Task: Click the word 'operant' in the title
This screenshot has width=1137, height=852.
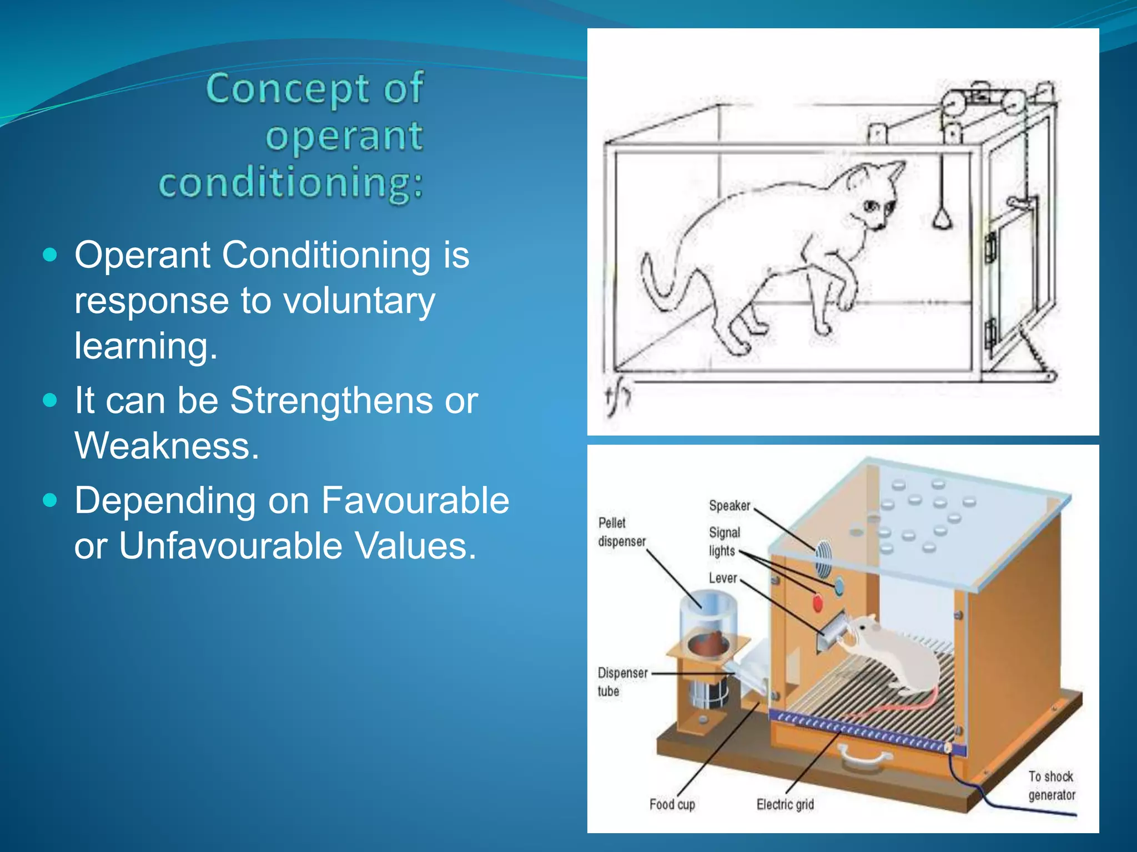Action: (x=344, y=136)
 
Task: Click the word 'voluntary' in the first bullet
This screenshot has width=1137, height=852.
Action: (x=359, y=301)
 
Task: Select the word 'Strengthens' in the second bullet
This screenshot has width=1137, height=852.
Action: (x=332, y=400)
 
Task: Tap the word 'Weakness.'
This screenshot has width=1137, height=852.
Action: (x=167, y=445)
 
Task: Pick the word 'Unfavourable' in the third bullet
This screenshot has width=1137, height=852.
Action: (x=230, y=546)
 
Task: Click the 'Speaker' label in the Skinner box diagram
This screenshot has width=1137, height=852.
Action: (x=729, y=505)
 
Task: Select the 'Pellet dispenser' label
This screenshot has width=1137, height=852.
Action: (x=621, y=532)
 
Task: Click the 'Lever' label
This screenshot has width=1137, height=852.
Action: (x=722, y=578)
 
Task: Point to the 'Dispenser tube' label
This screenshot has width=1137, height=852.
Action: (x=621, y=682)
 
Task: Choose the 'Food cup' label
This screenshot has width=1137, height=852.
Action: (x=672, y=804)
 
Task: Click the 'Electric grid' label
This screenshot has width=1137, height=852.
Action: (x=784, y=804)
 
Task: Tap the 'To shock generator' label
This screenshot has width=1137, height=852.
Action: (x=1051, y=785)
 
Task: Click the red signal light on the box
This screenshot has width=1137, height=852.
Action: (x=817, y=602)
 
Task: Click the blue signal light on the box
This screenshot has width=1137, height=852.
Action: (x=838, y=586)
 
